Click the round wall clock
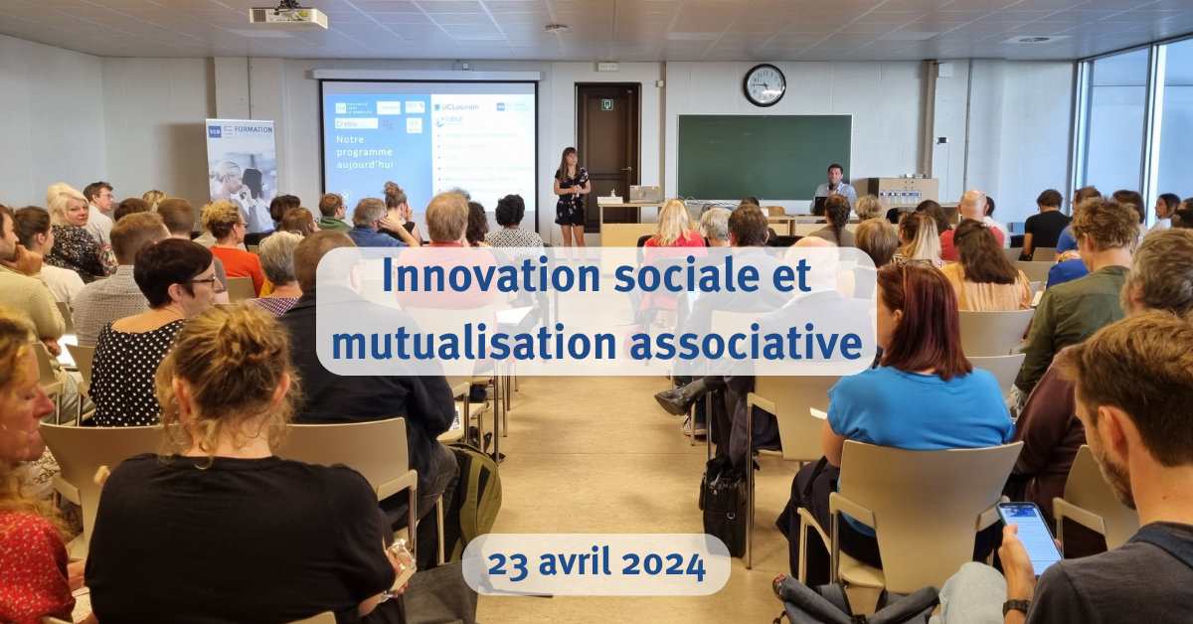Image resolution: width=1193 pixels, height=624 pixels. pos(764,85)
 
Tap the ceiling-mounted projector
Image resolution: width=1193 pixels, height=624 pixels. pos(287,17)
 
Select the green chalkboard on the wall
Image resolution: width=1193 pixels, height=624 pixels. pos(764,157)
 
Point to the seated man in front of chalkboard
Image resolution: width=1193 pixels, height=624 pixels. pos(834,186)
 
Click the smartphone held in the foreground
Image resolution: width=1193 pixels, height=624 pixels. pos(1030,537)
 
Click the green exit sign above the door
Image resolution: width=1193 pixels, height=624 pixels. pos(606,103)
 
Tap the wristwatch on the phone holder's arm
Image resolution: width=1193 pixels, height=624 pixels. pos(1015,606)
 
